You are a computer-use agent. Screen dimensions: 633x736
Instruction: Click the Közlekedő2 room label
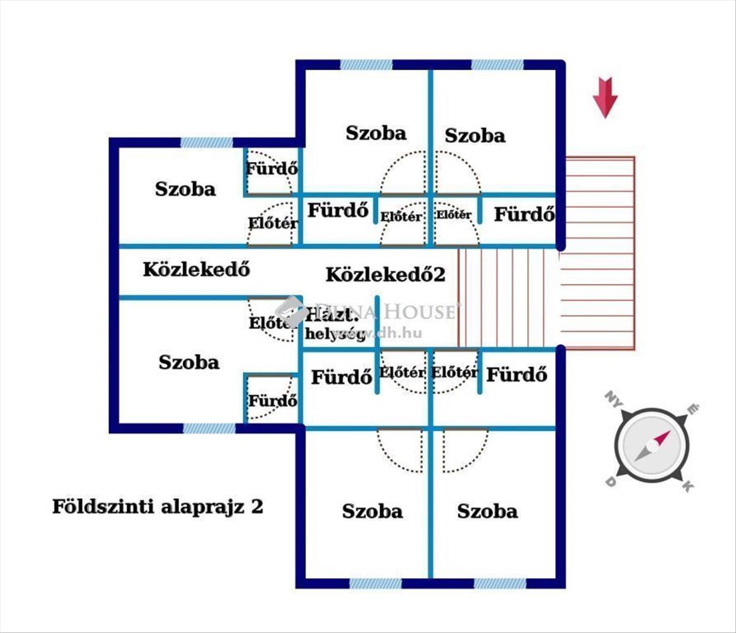pos(385,275)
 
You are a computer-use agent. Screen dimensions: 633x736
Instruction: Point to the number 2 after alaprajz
pos(257,507)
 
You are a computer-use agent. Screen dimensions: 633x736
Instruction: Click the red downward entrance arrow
pos(605,97)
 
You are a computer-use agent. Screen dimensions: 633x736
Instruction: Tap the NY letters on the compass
pos(611,398)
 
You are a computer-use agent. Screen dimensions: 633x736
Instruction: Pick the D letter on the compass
pos(611,482)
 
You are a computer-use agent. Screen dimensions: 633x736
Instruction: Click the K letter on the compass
pos(688,486)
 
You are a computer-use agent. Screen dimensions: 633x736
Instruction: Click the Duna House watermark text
pos(386,311)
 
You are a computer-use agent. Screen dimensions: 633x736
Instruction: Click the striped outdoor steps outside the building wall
pos(598,253)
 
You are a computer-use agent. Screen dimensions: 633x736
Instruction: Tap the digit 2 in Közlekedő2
pos(439,275)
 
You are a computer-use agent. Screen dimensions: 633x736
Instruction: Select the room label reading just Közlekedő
pos(196,270)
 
